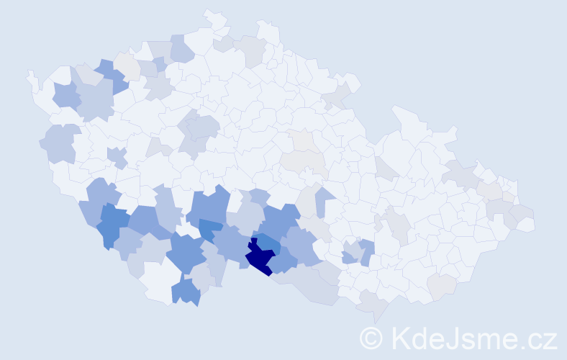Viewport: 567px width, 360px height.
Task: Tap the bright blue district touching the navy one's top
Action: pos(267,243)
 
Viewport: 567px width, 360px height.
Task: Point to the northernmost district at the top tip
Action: pos(212,15)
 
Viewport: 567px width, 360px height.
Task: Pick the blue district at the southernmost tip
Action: pos(186,292)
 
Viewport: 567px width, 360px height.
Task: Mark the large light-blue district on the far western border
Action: pos(60,143)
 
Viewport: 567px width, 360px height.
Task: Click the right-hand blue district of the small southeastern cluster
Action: pos(367,251)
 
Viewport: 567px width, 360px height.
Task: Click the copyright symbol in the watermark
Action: pos(371,338)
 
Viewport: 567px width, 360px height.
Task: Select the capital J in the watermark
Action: pos(451,338)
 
